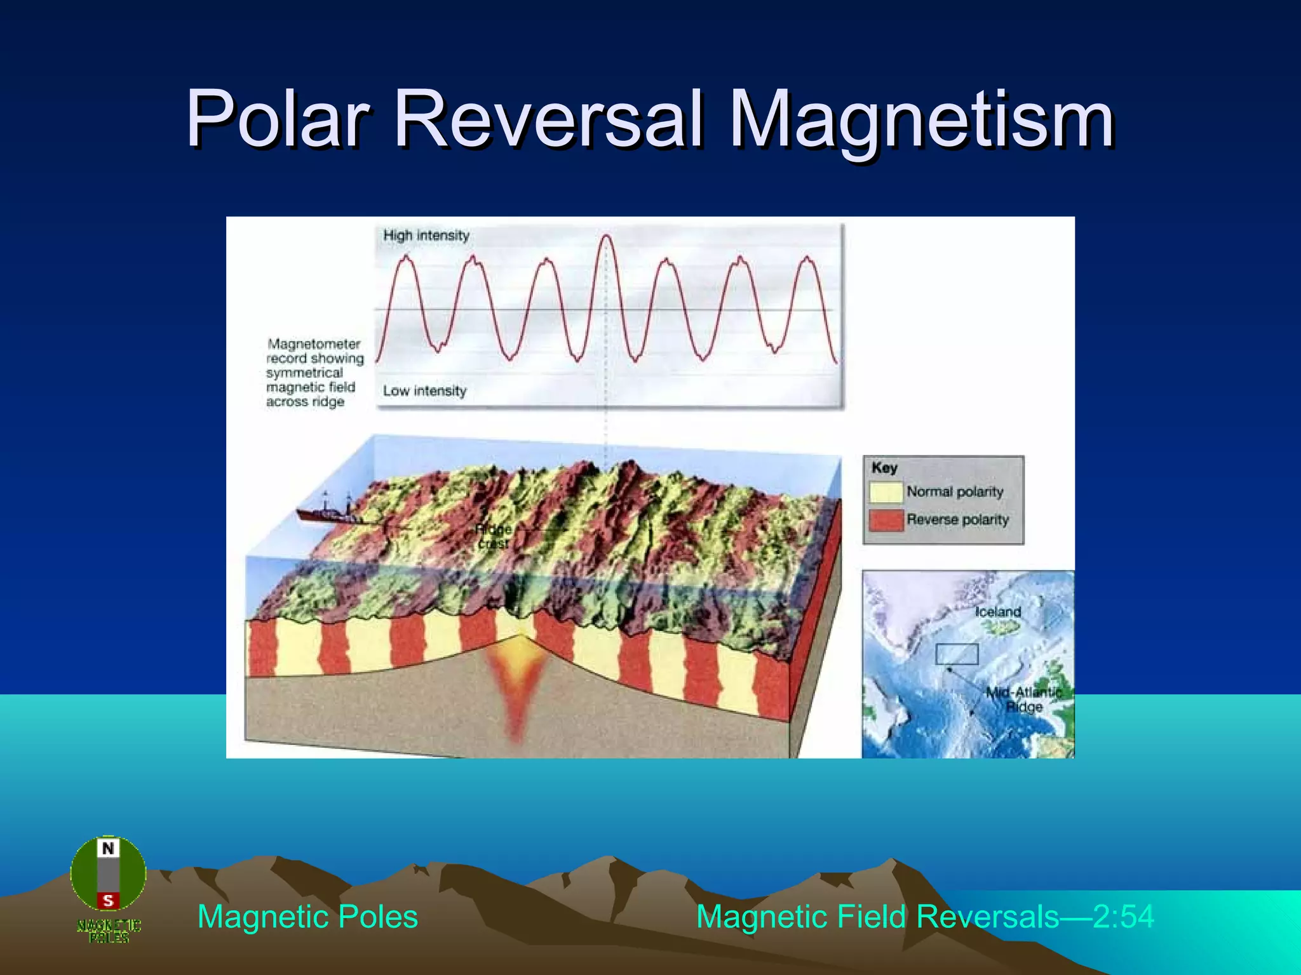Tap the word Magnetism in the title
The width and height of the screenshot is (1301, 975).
(921, 119)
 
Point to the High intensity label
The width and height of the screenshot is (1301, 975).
(426, 235)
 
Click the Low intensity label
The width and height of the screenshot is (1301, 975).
(424, 391)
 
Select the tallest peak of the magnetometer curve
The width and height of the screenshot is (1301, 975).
(605, 238)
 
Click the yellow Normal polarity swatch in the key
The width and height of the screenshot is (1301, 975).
(886, 492)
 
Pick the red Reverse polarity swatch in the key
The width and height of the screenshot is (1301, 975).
(886, 520)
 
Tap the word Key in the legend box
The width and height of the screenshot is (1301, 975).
(884, 468)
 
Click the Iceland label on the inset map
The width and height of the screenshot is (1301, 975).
(998, 612)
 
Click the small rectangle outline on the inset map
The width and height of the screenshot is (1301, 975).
(957, 654)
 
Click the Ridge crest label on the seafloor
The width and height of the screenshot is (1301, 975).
(494, 536)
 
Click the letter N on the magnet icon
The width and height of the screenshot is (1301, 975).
(108, 849)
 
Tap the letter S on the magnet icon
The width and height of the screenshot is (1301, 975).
(108, 900)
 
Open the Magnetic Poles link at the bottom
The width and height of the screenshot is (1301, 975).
(307, 917)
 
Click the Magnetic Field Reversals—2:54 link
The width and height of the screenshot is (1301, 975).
(924, 917)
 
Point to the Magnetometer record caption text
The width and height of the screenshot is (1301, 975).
(314, 373)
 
